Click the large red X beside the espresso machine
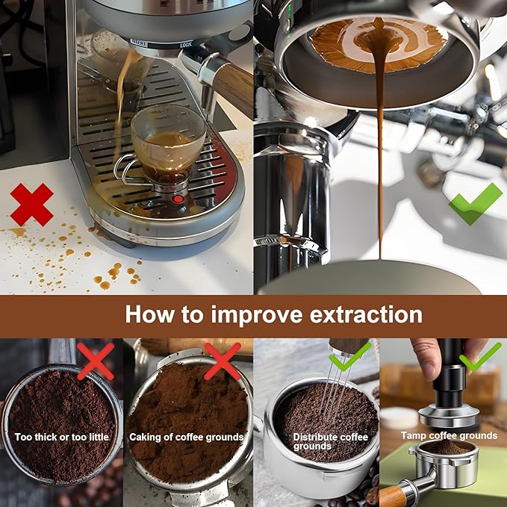(31, 205)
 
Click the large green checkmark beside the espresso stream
(476, 204)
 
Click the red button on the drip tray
(178, 199)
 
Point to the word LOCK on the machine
(186, 45)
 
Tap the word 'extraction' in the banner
(366, 315)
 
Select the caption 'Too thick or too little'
(62, 437)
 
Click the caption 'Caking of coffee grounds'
(186, 437)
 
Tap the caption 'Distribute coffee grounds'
(330, 442)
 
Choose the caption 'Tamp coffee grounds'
(449, 435)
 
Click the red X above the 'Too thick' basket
(96, 361)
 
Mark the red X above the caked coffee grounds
(223, 361)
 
